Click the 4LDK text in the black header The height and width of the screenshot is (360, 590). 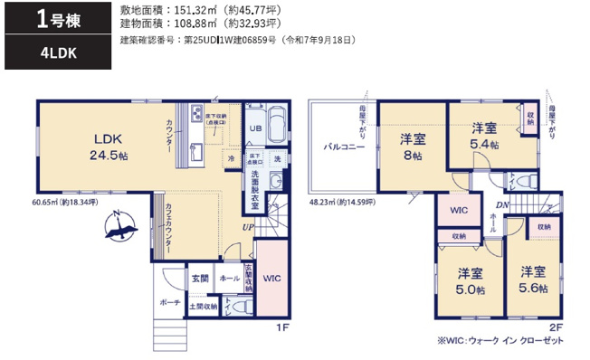click(x=58, y=53)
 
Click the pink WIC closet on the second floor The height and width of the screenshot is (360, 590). click(x=457, y=210)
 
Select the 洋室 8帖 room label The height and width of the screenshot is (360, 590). click(x=413, y=147)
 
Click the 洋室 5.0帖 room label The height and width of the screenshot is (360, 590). click(x=469, y=279)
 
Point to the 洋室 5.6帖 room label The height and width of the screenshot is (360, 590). click(x=532, y=279)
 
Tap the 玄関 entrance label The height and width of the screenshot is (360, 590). click(x=200, y=279)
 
